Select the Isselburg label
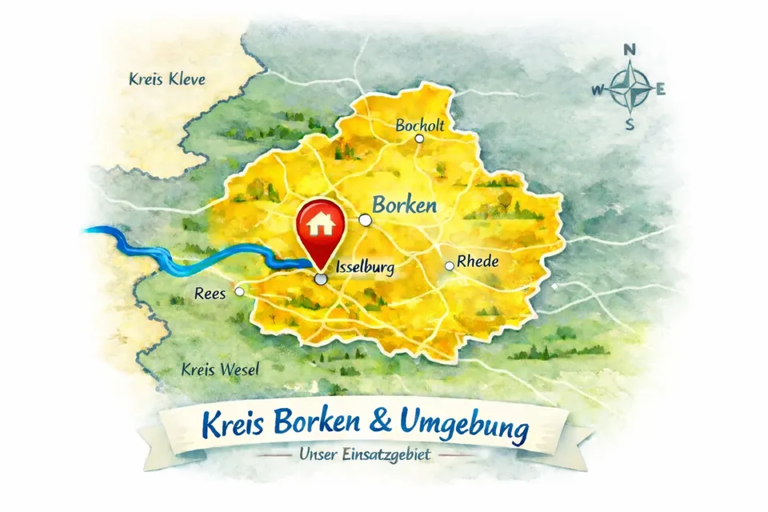click(x=365, y=268)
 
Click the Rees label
click(x=210, y=294)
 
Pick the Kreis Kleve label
click(x=166, y=79)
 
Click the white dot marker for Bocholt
click(x=418, y=138)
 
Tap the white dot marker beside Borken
click(x=365, y=219)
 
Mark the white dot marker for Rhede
click(x=450, y=266)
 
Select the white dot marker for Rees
click(x=238, y=292)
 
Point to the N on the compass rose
click(x=630, y=50)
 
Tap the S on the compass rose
click(x=630, y=124)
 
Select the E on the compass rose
click(x=661, y=89)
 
